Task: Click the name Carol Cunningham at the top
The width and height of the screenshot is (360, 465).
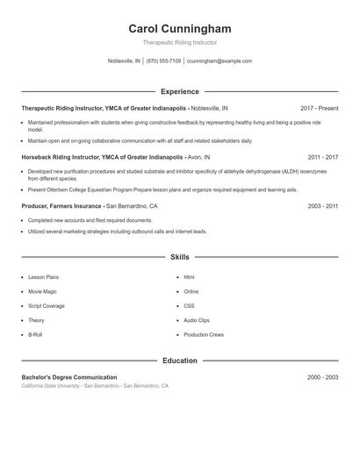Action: click(179, 29)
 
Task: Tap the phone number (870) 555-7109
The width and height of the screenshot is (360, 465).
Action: click(163, 61)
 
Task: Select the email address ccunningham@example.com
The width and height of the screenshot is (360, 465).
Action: click(220, 61)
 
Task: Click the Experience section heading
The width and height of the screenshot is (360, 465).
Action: click(179, 91)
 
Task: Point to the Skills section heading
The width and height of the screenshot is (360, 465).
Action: click(179, 257)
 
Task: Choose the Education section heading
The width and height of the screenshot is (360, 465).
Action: click(179, 361)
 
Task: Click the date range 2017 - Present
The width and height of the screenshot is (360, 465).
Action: click(319, 107)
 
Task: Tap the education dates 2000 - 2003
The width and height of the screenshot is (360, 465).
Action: click(322, 377)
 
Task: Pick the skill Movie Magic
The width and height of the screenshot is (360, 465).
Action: click(43, 291)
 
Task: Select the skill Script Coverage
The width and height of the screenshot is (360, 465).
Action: click(47, 306)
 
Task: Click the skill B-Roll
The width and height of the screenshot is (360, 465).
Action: click(36, 335)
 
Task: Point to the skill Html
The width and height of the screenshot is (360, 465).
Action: click(189, 277)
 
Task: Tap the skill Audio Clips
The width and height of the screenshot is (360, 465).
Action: click(197, 320)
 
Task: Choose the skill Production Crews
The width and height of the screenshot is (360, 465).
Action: click(204, 335)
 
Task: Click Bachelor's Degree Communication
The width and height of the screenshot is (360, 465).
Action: click(69, 377)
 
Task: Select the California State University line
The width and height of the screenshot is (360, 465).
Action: click(95, 386)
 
